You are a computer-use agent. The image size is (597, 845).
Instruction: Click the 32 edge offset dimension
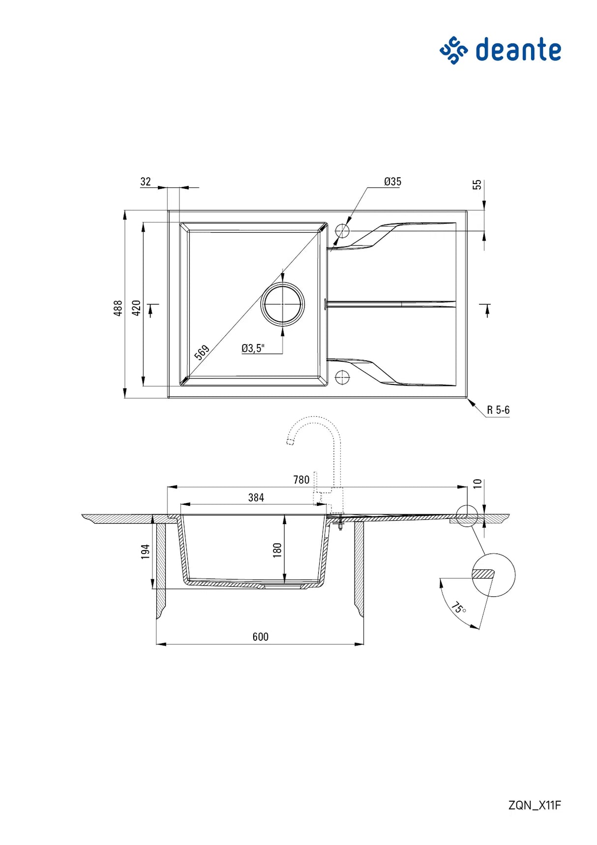pyautogui.click(x=146, y=182)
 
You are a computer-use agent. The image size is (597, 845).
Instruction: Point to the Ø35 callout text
pyautogui.click(x=392, y=182)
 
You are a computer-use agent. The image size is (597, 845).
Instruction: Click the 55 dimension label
pyautogui.click(x=477, y=185)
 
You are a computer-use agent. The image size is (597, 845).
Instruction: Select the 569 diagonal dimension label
pyautogui.click(x=202, y=352)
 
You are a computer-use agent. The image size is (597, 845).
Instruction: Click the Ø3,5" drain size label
pyautogui.click(x=253, y=348)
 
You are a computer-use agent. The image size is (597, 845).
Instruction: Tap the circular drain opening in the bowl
pyautogui.click(x=283, y=304)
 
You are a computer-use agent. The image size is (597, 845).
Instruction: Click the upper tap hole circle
pyautogui.click(x=342, y=231)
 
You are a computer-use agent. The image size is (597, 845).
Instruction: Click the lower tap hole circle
pyautogui.click(x=342, y=377)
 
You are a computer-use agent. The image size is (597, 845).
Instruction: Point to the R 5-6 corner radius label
pyautogui.click(x=498, y=410)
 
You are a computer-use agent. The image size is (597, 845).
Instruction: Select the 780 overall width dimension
pyautogui.click(x=301, y=480)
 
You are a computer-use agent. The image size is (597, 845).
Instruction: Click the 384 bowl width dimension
pyautogui.click(x=256, y=498)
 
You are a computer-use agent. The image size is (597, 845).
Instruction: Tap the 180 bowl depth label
pyautogui.click(x=277, y=549)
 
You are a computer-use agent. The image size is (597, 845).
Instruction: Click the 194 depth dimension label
pyautogui.click(x=145, y=551)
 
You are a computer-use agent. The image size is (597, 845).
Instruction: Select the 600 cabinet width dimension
pyautogui.click(x=260, y=637)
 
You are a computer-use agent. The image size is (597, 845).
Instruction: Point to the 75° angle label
pyautogui.click(x=458, y=608)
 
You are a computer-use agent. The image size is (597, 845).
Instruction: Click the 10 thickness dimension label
pyautogui.click(x=477, y=483)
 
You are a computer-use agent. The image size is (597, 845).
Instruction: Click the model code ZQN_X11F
pyautogui.click(x=534, y=805)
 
